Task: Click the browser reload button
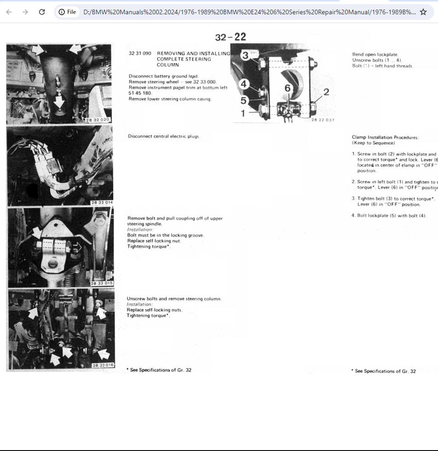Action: pyautogui.click(x=42, y=12)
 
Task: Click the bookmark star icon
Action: pyautogui.click(x=423, y=12)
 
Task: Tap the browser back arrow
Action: pyautogui.click(x=9, y=12)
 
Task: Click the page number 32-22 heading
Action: pyautogui.click(x=230, y=37)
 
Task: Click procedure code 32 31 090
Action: pyautogui.click(x=140, y=53)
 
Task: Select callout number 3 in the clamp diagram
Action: pyautogui.click(x=245, y=55)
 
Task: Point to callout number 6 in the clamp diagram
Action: pyautogui.click(x=287, y=88)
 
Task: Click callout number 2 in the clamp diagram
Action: pyautogui.click(x=326, y=92)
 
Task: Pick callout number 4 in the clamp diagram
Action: pyautogui.click(x=244, y=84)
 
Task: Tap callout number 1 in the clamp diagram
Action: pyautogui.click(x=243, y=112)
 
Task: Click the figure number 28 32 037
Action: pyautogui.click(x=322, y=120)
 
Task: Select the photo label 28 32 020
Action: pyautogui.click(x=98, y=120)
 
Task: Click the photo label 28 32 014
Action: pyautogui.click(x=102, y=203)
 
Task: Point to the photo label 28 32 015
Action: pyautogui.click(x=102, y=283)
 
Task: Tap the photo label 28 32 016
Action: pyautogui.click(x=103, y=365)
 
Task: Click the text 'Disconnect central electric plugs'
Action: pyautogui.click(x=164, y=136)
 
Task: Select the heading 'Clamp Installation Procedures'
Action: pyautogui.click(x=385, y=137)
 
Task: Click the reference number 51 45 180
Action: pyautogui.click(x=140, y=93)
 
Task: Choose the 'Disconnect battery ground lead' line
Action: pyautogui.click(x=164, y=76)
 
